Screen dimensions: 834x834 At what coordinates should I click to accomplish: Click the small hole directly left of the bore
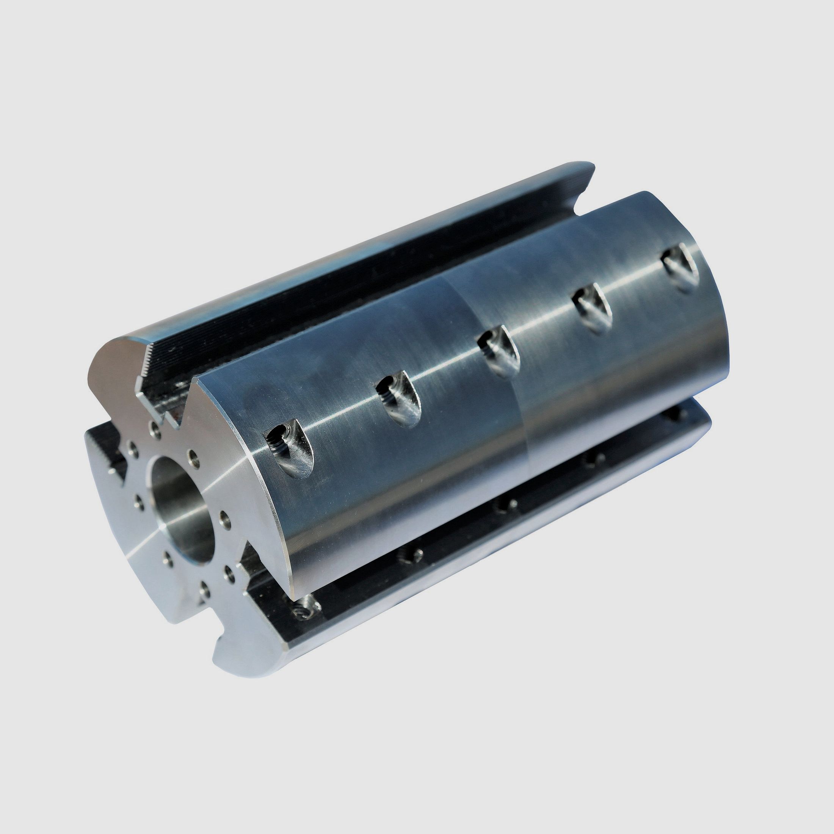139,501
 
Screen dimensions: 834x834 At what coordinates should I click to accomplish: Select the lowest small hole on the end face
204,588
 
